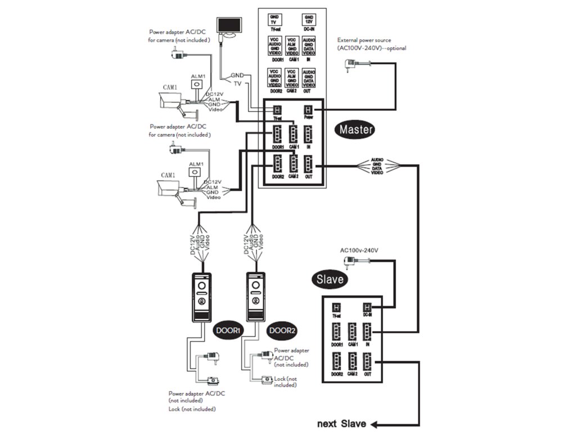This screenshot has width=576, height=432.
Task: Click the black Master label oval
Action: point(355,129)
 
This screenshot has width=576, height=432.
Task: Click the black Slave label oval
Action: point(330,278)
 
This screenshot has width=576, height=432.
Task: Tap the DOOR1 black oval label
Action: point(227,330)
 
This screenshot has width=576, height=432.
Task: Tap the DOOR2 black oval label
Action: point(282,330)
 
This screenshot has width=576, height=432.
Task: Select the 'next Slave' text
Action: point(341,424)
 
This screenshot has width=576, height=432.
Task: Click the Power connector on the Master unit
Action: point(308,110)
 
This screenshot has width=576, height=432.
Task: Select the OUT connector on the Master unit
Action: point(308,164)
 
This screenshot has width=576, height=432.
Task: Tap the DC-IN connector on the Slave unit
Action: point(367,308)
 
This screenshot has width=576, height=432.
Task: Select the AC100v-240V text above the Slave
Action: point(359,250)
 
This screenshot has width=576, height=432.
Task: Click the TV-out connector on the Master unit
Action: point(277,110)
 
